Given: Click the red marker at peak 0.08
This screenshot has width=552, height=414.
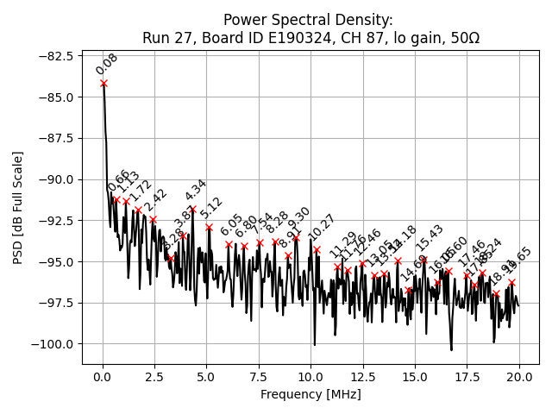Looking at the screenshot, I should [103, 83].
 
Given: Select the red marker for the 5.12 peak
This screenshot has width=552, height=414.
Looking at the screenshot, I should [209, 227].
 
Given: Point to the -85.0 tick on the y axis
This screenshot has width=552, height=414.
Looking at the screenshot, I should [57, 97].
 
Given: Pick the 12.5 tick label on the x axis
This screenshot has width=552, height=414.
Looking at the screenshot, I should [363, 377].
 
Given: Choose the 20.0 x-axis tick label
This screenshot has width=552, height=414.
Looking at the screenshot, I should [519, 377].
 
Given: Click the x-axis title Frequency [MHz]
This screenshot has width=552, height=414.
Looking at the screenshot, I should [310, 394].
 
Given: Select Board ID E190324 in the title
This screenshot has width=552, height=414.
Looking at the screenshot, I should [264, 36].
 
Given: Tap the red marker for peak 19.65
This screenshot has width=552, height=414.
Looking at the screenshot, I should [511, 282].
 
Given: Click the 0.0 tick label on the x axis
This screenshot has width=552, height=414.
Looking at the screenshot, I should [103, 377].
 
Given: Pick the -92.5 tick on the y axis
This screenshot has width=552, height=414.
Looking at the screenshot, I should [57, 220].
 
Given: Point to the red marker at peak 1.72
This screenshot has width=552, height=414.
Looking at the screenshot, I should [138, 210].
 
